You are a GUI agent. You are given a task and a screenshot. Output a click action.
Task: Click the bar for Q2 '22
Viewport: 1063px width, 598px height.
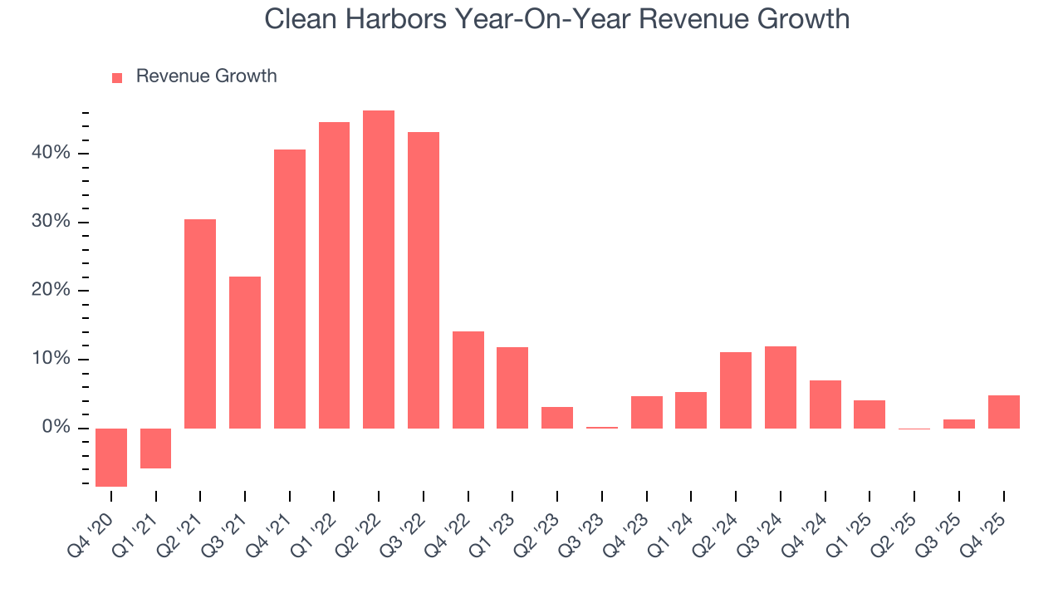pyautogui.click(x=379, y=270)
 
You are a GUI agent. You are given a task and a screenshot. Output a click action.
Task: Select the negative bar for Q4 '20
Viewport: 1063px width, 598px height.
pyautogui.click(x=111, y=457)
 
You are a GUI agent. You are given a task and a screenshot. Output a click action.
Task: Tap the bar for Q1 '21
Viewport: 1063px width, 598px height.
pyautogui.click(x=156, y=448)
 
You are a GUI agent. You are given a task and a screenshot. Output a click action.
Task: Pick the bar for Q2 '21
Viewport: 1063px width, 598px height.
pyautogui.click(x=200, y=324)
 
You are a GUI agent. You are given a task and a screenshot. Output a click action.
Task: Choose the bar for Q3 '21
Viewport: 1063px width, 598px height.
pyautogui.click(x=245, y=353)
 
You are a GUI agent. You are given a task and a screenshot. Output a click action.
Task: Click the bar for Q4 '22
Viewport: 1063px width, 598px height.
pyautogui.click(x=468, y=380)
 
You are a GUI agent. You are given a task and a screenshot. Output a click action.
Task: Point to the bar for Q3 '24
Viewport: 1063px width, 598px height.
pyautogui.click(x=781, y=388)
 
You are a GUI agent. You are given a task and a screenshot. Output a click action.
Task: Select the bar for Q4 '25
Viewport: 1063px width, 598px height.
pyautogui.click(x=1003, y=412)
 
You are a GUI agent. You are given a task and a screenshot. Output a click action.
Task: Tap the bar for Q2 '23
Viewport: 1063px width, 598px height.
pyautogui.click(x=557, y=418)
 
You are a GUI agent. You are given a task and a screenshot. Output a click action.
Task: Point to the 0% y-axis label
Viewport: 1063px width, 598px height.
pyautogui.click(x=56, y=428)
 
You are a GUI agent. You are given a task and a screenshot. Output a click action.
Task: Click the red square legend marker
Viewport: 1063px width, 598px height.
pyautogui.click(x=117, y=77)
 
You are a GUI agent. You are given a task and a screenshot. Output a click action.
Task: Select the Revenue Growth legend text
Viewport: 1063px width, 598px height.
pyautogui.click(x=206, y=76)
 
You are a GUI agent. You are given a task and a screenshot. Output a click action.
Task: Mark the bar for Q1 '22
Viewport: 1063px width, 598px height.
pyautogui.click(x=334, y=276)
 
